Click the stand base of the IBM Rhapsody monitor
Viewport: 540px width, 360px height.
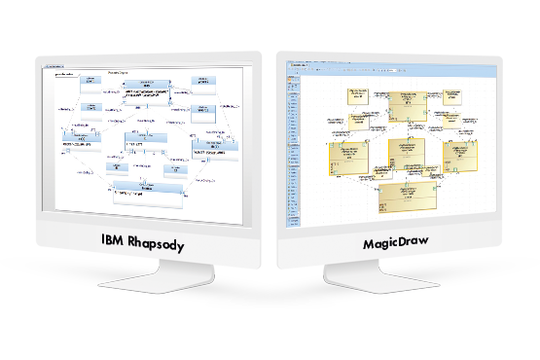[x=143, y=283]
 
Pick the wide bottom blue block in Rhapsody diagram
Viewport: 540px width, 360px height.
[x=146, y=195]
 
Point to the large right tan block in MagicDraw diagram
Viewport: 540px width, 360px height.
[x=461, y=156]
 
